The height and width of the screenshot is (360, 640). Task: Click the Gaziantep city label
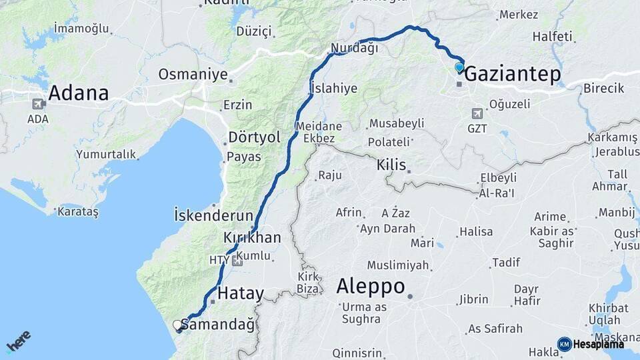[512, 74]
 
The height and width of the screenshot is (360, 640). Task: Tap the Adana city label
[78, 93]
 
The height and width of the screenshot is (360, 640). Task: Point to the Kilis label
[391, 164]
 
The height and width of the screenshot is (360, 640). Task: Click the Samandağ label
[218, 325]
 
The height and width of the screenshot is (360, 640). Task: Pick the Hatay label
[241, 293]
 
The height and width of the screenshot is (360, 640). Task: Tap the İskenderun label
[213, 215]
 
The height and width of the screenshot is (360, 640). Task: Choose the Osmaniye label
[193, 74]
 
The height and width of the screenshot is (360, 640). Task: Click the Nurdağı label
[355, 48]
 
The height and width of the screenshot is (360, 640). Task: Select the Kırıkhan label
[252, 238]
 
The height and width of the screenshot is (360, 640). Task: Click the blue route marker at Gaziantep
[459, 67]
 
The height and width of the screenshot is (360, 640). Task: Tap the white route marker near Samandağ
[177, 325]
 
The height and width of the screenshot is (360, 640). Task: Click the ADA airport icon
[38, 104]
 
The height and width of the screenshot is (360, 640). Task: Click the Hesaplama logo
[592, 344]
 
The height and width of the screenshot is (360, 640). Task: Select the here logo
[18, 341]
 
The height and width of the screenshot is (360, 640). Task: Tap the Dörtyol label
[255, 136]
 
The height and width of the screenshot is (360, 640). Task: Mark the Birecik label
[603, 88]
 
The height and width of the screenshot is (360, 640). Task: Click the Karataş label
[78, 211]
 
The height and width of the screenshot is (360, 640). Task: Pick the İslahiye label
[334, 88]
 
